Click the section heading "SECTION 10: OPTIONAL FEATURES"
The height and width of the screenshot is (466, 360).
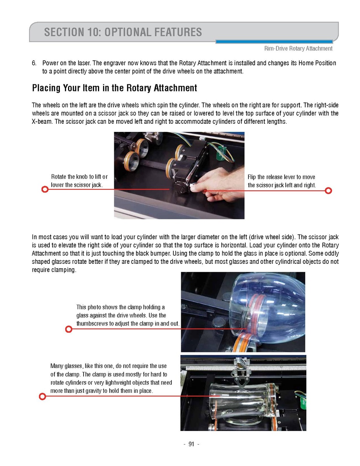(123, 32)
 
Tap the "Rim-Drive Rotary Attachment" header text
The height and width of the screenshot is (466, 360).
(298, 49)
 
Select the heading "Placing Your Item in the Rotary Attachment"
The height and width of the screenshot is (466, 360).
(114, 88)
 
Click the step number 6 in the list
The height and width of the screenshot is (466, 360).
(34, 63)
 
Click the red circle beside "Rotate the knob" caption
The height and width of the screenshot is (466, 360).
(45, 189)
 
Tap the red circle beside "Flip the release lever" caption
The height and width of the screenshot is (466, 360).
(329, 191)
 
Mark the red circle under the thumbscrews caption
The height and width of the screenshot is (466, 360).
(68, 329)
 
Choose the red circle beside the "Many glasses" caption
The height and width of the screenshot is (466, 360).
(43, 396)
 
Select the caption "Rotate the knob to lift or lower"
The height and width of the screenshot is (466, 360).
(79, 181)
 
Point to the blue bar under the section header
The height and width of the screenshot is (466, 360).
(274, 42)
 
